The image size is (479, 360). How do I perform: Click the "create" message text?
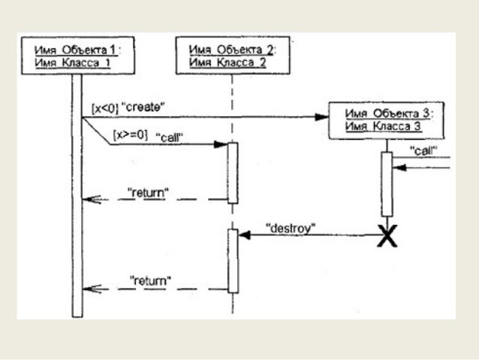[146, 108]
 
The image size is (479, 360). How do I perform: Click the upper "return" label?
[147, 192]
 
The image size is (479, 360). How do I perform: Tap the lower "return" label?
[150, 280]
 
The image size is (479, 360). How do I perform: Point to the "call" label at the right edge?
[424, 150]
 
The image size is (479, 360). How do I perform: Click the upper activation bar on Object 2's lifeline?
[233, 172]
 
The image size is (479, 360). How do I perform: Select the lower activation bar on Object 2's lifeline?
[233, 260]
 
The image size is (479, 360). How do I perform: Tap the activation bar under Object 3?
[387, 184]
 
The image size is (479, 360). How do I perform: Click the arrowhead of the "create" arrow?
[324, 116]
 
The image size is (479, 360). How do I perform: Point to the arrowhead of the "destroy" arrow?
[243, 234]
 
